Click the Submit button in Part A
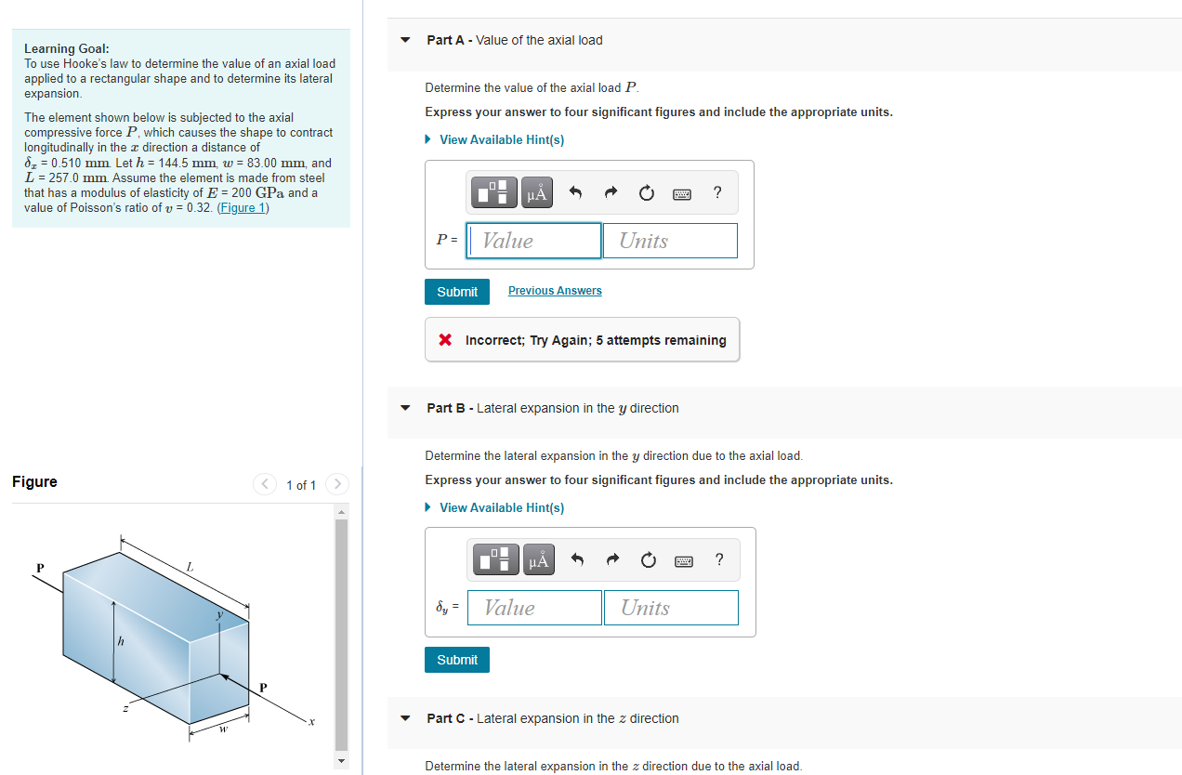(x=457, y=292)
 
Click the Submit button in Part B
(x=457, y=660)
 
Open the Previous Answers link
(x=555, y=291)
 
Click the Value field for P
(x=534, y=241)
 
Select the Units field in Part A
(x=669, y=241)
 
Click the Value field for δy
(x=534, y=608)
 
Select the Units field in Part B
(x=670, y=608)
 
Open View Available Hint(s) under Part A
(x=501, y=139)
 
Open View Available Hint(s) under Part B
(x=501, y=507)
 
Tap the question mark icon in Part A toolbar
(x=716, y=192)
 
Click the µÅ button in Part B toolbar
(x=538, y=560)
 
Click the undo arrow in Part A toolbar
(x=575, y=193)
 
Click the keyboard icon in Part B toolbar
(x=684, y=560)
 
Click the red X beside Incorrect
(x=446, y=340)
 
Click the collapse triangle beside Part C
(x=404, y=718)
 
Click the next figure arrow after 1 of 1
(x=338, y=484)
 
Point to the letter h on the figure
(x=120, y=642)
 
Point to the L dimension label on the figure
(x=190, y=566)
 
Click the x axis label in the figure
(x=312, y=721)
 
